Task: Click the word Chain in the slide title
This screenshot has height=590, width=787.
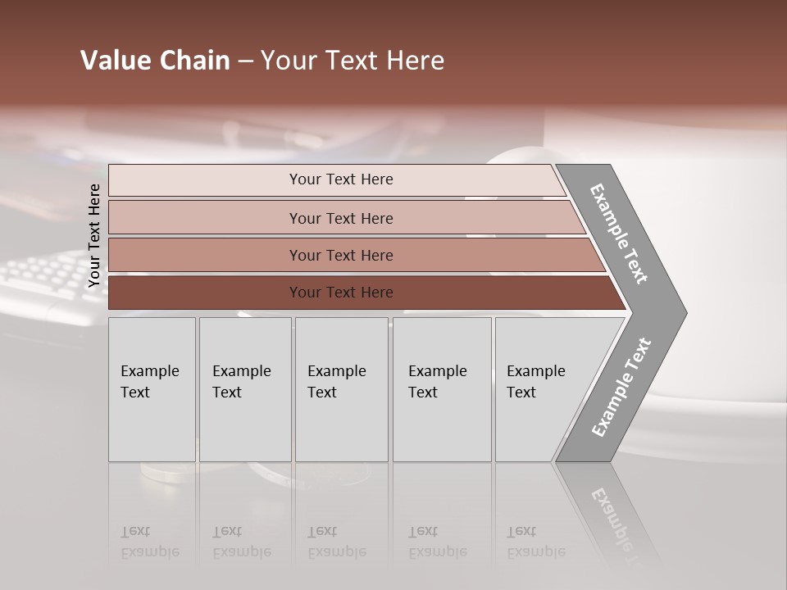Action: [193, 61]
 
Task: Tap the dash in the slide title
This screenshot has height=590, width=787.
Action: [245, 61]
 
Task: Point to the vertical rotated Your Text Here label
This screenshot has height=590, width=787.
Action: [94, 236]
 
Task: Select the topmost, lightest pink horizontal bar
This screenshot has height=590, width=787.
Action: [341, 179]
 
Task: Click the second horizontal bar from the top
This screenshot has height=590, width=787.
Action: [341, 218]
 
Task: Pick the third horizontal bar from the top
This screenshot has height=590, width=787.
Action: [341, 255]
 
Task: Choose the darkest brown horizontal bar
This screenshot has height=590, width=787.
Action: [341, 293]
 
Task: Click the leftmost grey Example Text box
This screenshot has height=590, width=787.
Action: [152, 389]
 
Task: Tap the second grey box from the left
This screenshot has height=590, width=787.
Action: [245, 389]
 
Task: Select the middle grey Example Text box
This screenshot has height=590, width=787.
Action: [341, 389]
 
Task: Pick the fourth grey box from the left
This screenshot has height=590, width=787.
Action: [442, 389]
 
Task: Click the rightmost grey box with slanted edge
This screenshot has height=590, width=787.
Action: [541, 389]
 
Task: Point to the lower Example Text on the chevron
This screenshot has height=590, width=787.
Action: [621, 387]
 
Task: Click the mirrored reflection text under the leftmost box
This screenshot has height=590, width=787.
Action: [150, 542]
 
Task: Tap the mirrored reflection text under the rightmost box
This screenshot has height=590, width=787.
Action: [536, 542]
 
